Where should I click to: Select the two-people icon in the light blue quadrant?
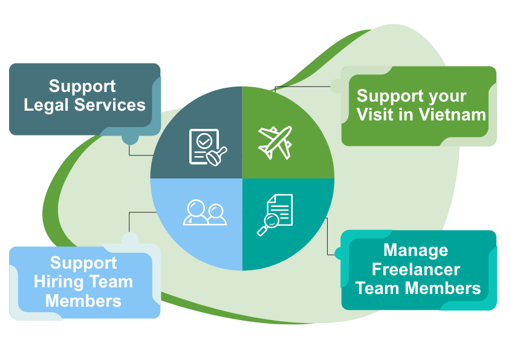pyautogui.click(x=204, y=212)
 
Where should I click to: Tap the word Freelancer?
pyautogui.click(x=415, y=269)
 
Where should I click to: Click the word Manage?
pyautogui.click(x=415, y=250)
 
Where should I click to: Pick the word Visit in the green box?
pyautogui.click(x=374, y=114)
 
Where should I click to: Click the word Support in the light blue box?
pyautogui.click(x=83, y=263)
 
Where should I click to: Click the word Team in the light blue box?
pyautogui.click(x=112, y=282)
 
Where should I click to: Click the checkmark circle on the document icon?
pyautogui.click(x=204, y=141)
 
